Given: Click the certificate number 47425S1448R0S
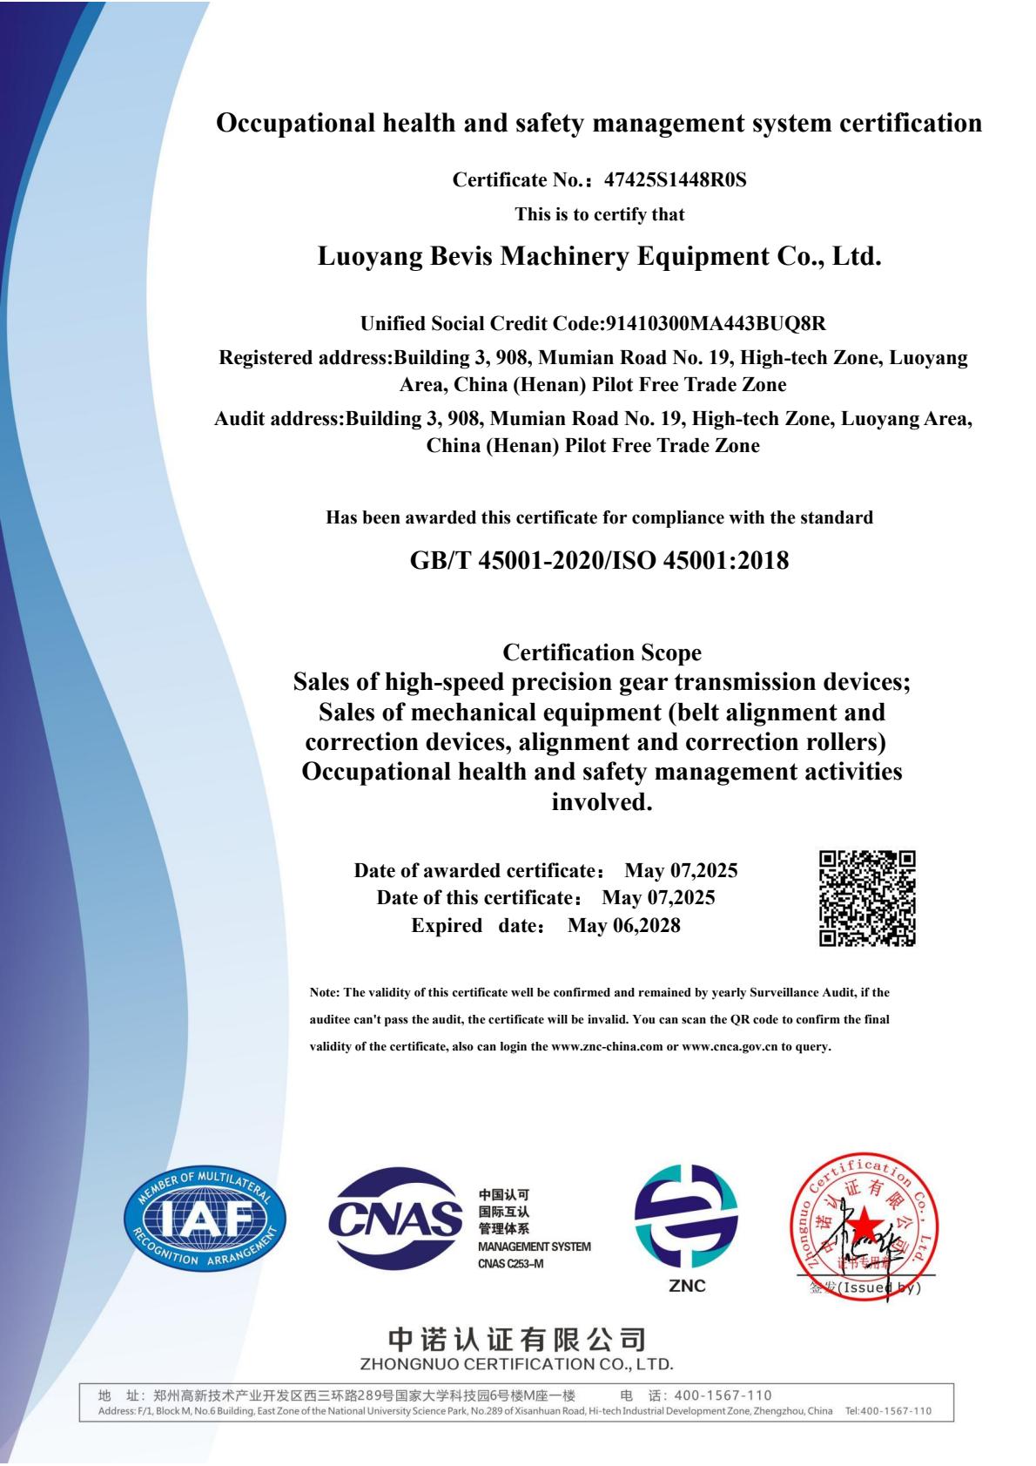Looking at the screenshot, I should click(x=675, y=180).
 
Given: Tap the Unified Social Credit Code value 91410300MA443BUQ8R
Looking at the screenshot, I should click(x=714, y=324).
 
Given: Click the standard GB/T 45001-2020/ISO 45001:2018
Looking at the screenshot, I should click(x=599, y=560).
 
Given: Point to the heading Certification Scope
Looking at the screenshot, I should click(x=602, y=652).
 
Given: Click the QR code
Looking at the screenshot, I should click(x=866, y=898).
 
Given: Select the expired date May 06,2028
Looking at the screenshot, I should click(x=623, y=925).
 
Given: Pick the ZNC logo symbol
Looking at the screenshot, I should click(x=686, y=1217).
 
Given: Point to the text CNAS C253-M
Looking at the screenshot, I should click(x=511, y=1264).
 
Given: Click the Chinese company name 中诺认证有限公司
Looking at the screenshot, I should click(x=516, y=1340).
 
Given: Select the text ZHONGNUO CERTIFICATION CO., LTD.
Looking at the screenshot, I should click(x=516, y=1363).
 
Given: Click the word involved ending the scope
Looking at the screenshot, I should click(x=602, y=802).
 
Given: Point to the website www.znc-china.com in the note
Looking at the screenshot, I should click(x=607, y=1046).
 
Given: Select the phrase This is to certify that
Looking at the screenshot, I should click(x=599, y=214).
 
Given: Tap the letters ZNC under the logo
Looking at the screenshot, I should click(x=687, y=1286).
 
